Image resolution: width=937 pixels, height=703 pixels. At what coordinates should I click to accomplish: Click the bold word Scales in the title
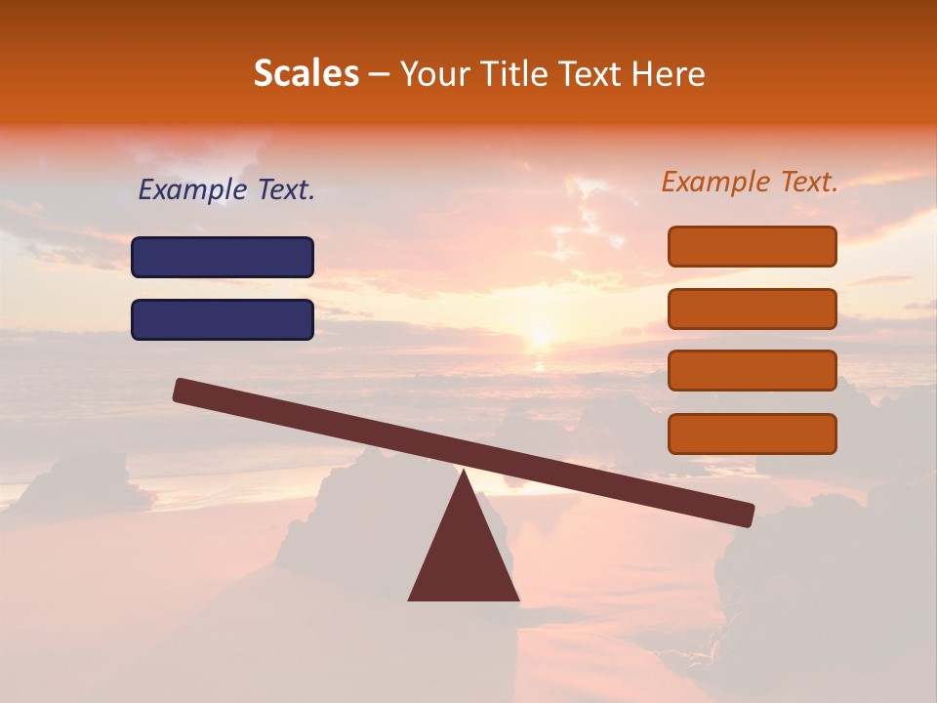pos(306,73)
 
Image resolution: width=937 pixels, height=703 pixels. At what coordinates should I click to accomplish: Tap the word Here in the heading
pos(669,73)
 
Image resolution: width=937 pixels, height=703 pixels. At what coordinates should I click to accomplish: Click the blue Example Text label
pos(226,189)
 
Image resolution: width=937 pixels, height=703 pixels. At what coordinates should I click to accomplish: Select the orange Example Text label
pos(750,182)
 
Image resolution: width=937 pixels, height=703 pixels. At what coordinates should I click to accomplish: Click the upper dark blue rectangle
pos(223,257)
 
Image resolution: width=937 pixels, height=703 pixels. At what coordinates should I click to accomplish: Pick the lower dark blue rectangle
pos(223,319)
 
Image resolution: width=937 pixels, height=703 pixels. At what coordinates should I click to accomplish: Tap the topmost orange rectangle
pos(753,246)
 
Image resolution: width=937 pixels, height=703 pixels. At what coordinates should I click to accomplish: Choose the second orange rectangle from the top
pos(753,309)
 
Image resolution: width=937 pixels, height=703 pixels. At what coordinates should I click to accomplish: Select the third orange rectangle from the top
pos(753,371)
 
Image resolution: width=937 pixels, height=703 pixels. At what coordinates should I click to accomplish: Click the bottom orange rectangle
pos(753,434)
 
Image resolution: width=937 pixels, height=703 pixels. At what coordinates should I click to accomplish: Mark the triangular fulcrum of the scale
pos(464,557)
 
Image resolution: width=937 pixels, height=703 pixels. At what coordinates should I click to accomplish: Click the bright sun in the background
pos(540,337)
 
